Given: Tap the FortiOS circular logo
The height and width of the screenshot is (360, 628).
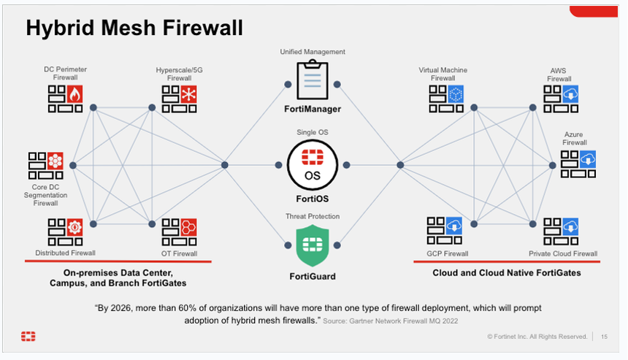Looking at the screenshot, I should [312, 165].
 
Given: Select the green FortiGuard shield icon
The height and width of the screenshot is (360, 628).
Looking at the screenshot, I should [312, 246].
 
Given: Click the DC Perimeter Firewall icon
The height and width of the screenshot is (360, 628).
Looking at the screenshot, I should [66, 98].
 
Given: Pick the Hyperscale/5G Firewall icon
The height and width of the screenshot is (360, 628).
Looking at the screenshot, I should [180, 98].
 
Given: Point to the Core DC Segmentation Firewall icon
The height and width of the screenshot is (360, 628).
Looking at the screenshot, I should [45, 166].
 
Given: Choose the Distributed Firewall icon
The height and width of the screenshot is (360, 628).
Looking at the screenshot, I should [66, 232].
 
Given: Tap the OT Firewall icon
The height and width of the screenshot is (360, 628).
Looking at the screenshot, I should [180, 232].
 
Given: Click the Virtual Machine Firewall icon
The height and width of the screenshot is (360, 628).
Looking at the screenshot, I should [447, 98].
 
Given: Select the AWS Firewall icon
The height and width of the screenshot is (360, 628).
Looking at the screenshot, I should [561, 98].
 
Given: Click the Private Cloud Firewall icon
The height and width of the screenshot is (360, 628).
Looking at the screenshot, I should [561, 231].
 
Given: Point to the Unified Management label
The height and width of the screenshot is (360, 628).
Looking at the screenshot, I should [313, 52].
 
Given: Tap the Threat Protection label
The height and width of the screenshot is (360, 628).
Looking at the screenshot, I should [313, 216].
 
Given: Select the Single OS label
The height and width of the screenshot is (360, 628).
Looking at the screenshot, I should [313, 131].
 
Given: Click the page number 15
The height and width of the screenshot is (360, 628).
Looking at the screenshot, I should [604, 337].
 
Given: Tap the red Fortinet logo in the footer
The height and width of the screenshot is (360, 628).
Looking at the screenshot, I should [28, 337].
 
